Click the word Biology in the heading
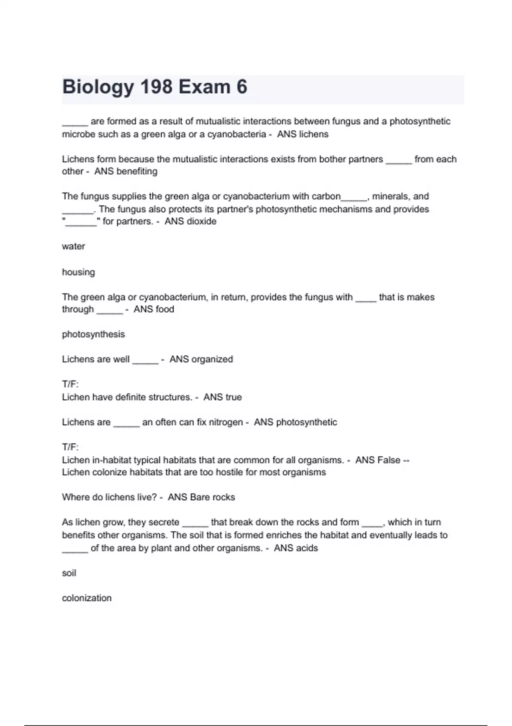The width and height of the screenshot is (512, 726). tap(98, 87)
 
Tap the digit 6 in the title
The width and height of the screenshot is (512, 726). tap(242, 87)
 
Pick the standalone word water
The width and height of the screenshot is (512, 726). tap(73, 246)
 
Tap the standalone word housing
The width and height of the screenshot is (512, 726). tap(79, 272)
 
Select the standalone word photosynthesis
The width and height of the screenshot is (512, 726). tap(93, 334)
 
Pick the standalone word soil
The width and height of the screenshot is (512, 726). tap(69, 573)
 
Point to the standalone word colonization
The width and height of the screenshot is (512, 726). tap(87, 598)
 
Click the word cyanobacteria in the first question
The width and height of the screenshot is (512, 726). tap(237, 134)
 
